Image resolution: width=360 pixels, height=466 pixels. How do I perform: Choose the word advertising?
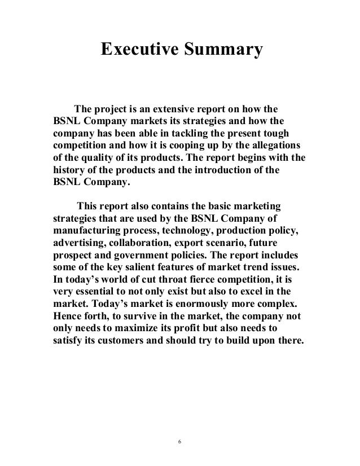tap(81, 245)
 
